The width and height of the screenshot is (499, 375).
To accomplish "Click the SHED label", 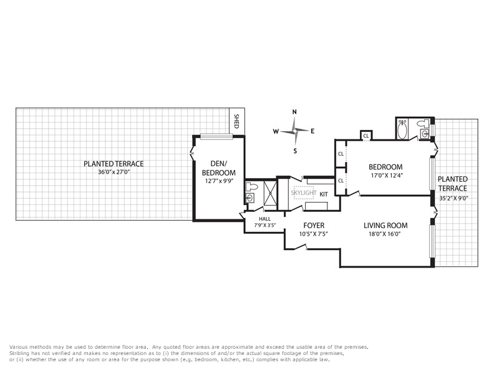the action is click(x=236, y=121).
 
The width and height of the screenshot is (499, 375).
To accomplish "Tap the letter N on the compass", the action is click(x=294, y=112).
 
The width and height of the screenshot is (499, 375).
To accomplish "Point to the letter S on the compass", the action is click(x=295, y=151).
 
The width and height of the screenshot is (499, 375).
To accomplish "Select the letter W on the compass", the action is click(x=276, y=131).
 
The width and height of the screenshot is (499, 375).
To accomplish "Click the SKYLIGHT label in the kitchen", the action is click(x=304, y=193).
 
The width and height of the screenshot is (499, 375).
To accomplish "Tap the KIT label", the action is click(x=324, y=194).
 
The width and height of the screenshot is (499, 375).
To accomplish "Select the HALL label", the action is click(x=264, y=219).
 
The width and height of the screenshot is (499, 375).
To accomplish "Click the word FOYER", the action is click(x=314, y=226).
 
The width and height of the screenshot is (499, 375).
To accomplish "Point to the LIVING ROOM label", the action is click(x=385, y=226).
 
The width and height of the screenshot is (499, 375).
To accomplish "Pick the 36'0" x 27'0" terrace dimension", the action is click(x=114, y=172).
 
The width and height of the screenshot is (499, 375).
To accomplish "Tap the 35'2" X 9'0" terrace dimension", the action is click(x=453, y=198).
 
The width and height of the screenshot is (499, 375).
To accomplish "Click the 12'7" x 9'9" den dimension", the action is click(x=219, y=181).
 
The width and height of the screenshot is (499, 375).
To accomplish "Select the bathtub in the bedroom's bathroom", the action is click(x=402, y=129).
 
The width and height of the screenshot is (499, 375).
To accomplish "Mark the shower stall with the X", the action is click(x=271, y=192).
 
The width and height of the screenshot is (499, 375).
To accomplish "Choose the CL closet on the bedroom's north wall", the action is click(x=366, y=135).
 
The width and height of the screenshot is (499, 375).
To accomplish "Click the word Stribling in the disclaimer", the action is click(x=19, y=353).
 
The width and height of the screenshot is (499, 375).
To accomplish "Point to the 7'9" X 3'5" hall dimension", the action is click(x=264, y=225).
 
